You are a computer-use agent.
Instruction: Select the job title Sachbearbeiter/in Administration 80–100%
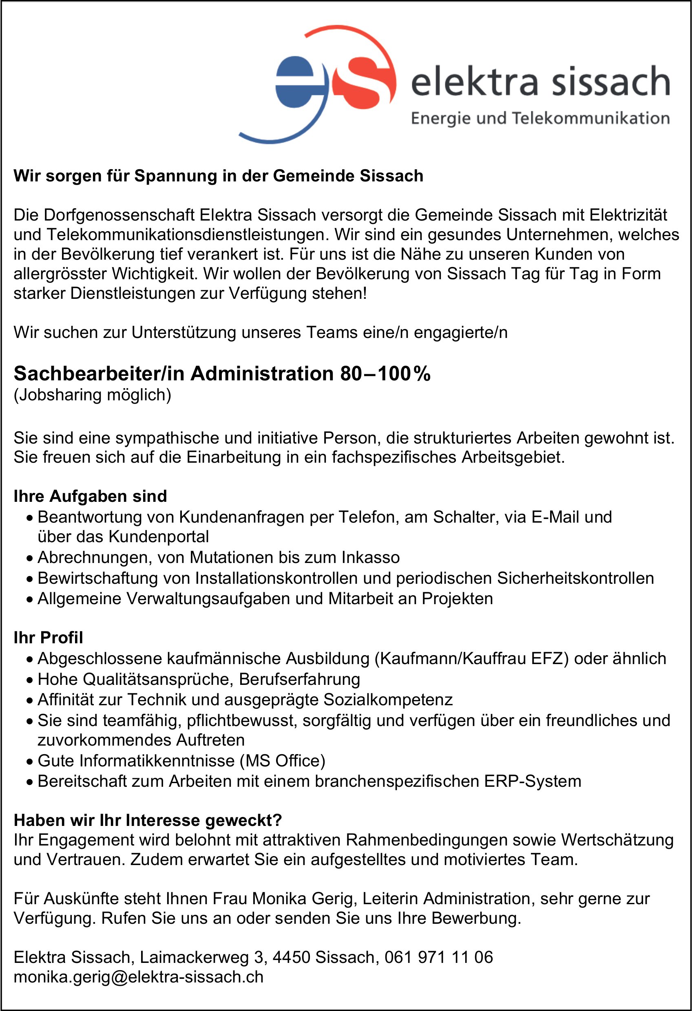(222, 374)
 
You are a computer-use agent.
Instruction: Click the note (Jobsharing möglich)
(92, 395)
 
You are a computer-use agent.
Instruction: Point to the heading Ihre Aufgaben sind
(90, 496)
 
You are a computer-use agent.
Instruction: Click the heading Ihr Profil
(48, 637)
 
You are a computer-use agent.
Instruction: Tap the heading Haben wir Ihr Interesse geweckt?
(148, 820)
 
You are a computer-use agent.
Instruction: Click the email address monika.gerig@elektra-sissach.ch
(138, 977)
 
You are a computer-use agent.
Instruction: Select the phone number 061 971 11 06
(439, 957)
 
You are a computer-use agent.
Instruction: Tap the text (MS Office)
(283, 760)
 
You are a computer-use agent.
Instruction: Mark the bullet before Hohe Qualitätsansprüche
(29, 680)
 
